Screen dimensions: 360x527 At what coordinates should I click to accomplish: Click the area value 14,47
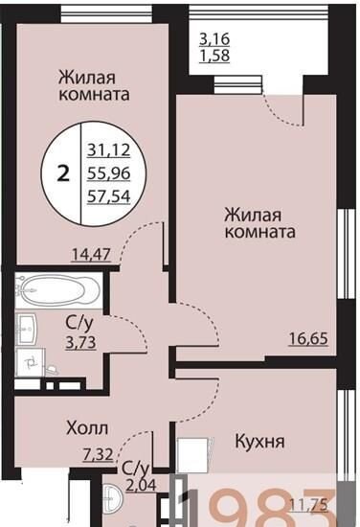91,254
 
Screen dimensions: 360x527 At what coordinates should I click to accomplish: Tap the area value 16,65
308,338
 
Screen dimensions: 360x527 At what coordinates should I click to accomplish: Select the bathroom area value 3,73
81,343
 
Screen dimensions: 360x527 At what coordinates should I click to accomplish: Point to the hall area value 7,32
98,455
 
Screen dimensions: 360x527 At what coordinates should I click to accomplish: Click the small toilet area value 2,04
142,485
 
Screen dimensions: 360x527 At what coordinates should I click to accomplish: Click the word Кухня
259,441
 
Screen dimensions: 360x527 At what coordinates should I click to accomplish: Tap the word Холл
87,428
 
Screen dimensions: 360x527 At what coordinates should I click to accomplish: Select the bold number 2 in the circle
63,174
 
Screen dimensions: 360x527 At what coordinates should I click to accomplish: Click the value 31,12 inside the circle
109,149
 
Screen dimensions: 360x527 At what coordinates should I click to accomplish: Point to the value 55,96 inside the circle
109,173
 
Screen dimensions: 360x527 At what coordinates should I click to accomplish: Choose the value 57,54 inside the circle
109,196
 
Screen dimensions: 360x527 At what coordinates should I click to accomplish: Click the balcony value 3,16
214,39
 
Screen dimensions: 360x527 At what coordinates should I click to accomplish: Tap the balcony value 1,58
214,56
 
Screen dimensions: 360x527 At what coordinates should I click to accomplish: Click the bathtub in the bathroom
58,290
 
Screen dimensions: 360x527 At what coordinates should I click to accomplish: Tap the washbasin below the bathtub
27,329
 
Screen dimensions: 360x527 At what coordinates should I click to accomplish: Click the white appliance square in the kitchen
192,451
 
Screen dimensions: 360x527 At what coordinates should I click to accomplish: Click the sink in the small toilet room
111,495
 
